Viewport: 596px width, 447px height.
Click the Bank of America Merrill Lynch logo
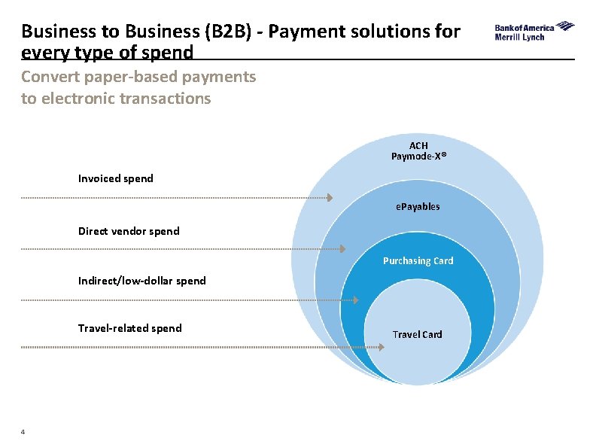[534, 32]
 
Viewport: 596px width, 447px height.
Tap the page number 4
[23, 431]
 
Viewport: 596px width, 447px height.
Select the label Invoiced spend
[115, 178]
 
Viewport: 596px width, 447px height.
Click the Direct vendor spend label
[129, 231]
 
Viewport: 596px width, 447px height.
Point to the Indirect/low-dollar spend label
[141, 281]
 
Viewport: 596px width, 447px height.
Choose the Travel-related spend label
[129, 328]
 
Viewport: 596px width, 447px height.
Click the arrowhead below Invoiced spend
[329, 197]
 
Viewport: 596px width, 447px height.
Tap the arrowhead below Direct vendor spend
[342, 248]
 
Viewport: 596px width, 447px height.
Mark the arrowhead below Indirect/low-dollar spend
[356, 300]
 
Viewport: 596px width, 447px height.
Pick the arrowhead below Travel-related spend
[369, 347]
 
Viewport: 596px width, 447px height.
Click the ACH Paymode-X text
[418, 151]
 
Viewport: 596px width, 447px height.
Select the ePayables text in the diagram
[418, 206]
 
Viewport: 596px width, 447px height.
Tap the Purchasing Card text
[418, 261]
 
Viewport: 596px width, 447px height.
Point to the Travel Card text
[418, 334]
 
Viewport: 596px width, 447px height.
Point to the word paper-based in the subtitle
[124, 77]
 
